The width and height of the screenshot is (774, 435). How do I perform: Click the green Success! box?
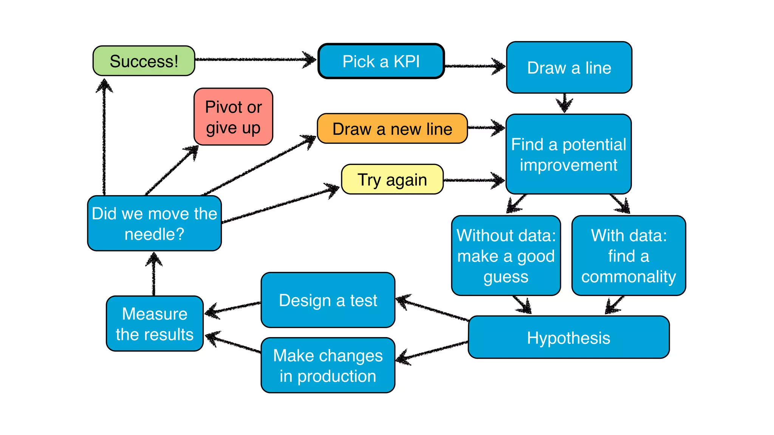(144, 61)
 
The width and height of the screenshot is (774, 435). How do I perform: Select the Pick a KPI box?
(381, 61)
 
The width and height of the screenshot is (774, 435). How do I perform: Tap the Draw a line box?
(569, 68)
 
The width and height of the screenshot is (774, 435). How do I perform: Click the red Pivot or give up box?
(233, 117)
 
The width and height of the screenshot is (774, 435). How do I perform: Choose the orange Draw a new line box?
(392, 129)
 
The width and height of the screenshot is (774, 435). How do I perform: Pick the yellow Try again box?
(392, 179)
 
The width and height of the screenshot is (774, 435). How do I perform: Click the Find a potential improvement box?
(568, 154)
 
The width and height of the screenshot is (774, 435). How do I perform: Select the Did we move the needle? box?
(154, 224)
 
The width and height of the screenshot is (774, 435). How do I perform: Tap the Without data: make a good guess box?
(506, 256)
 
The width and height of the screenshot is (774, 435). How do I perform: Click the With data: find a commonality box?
(628, 256)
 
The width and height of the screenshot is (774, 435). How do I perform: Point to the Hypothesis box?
(568, 338)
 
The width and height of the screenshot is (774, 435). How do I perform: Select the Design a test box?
(328, 300)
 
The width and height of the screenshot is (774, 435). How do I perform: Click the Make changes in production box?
(328, 366)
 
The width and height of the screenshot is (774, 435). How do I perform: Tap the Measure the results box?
(155, 324)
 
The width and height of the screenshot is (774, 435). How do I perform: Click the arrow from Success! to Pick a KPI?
(255, 59)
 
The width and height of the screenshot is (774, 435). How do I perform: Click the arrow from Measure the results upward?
(153, 274)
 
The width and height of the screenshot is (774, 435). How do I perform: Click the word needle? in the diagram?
(154, 234)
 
